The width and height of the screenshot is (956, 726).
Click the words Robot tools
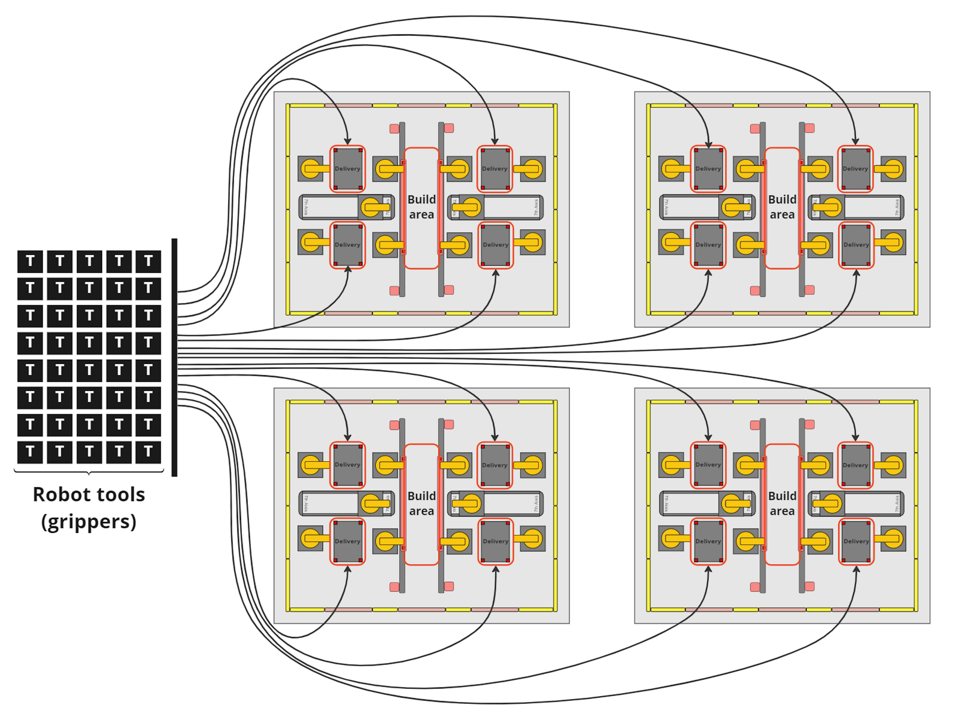89,495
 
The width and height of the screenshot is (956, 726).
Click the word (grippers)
89,521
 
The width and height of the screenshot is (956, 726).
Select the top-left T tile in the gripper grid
30,261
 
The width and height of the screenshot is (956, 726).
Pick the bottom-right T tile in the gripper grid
148,452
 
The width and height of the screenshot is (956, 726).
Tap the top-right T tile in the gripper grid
148,261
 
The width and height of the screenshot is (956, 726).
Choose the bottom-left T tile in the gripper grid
30,452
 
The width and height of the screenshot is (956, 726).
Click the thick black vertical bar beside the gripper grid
174,357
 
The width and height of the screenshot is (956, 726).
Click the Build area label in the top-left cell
421,207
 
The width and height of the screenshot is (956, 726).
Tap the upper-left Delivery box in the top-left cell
348,169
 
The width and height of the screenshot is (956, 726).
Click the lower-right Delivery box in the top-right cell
856,245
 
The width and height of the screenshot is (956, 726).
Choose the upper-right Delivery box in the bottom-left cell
495,465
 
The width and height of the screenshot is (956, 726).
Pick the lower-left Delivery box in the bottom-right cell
708,541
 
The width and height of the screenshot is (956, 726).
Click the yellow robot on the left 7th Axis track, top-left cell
371,207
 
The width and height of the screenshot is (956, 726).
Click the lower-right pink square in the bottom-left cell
449,586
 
